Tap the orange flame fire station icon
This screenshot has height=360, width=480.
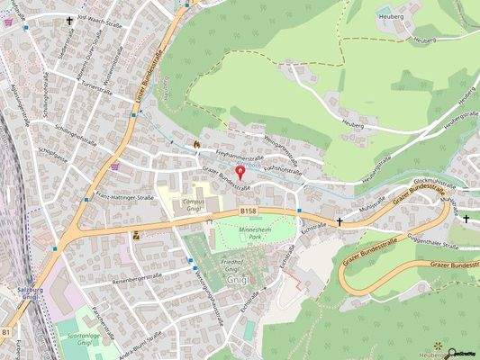[x=196, y=142]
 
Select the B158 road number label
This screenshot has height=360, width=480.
[x=249, y=210]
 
